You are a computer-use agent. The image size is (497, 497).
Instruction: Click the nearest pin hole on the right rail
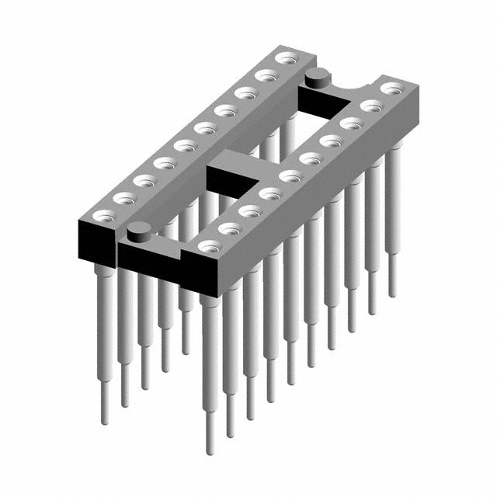(x=207, y=246)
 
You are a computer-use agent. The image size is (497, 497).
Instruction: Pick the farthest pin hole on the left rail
(x=287, y=57)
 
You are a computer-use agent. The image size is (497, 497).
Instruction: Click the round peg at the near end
(x=138, y=229)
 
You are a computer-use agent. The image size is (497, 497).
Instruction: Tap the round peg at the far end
(x=315, y=75)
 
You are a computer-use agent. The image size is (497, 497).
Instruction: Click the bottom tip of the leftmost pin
(x=105, y=422)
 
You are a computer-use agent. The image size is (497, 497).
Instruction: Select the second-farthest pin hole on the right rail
(x=370, y=105)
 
